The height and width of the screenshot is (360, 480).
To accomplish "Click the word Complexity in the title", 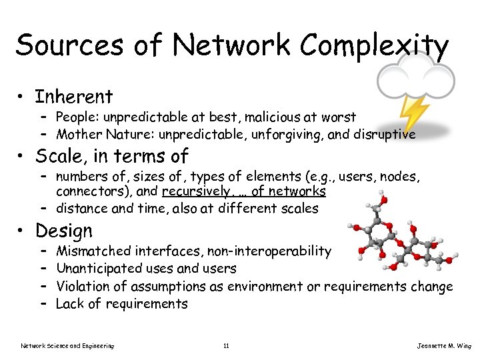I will [374, 47].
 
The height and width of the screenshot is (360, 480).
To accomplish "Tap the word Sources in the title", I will [69, 45].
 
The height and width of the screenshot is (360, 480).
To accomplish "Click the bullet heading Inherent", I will [74, 97].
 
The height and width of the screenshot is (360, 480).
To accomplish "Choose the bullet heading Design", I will [64, 231].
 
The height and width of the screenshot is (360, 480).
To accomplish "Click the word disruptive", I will [383, 135].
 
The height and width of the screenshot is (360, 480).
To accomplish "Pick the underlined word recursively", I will [198, 191].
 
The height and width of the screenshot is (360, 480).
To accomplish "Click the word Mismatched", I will [93, 251].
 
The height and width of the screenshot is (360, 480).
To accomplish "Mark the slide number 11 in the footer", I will [227, 345].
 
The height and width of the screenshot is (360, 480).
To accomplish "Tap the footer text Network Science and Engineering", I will [67, 345].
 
